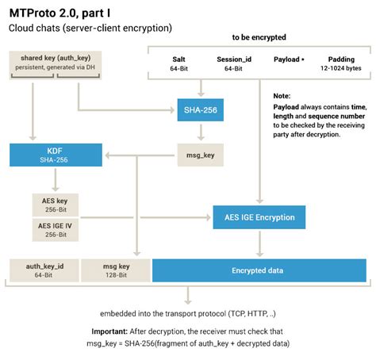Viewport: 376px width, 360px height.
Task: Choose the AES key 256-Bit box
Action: (x=55, y=205)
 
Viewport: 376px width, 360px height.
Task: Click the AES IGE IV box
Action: (x=55, y=229)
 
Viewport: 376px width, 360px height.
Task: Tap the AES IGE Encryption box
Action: (x=259, y=216)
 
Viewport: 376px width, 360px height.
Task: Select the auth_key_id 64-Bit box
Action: (x=43, y=270)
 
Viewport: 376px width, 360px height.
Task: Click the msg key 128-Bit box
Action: (x=116, y=270)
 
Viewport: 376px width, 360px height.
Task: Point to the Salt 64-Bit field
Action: (x=178, y=63)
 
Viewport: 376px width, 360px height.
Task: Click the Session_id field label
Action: (x=233, y=59)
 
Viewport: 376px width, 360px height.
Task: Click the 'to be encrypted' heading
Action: (x=259, y=37)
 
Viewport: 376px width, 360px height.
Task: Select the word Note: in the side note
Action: (x=282, y=95)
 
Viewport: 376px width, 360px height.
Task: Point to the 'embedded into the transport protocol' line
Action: (x=188, y=312)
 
